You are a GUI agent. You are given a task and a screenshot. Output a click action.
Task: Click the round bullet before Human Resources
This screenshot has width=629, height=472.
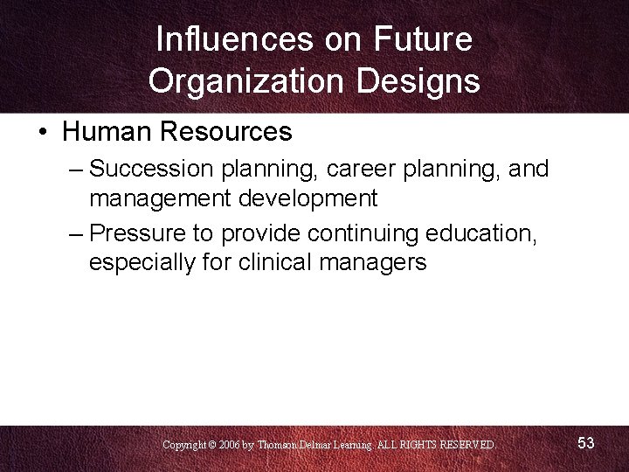[x=43, y=133]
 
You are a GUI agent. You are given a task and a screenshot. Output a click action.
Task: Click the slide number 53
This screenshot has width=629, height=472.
[x=586, y=443]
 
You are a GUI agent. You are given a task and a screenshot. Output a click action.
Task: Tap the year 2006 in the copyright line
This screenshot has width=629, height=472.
[x=228, y=445]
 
